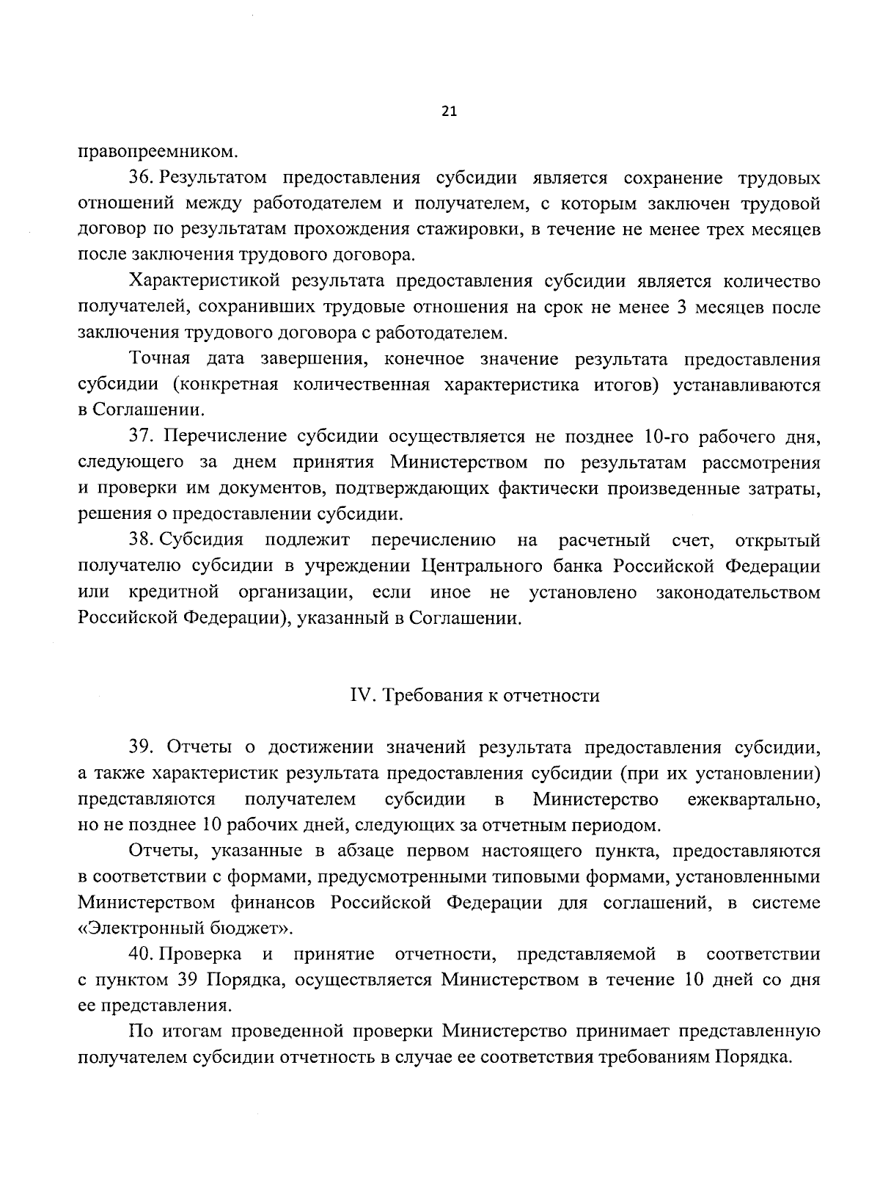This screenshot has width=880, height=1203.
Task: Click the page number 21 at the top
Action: (450, 112)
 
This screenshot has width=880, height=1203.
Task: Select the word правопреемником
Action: (158, 153)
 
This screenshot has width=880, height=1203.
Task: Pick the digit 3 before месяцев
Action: (681, 308)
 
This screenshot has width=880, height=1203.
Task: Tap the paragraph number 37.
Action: (141, 437)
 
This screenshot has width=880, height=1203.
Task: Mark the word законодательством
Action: (738, 592)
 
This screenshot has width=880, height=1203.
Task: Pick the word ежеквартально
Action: (754, 799)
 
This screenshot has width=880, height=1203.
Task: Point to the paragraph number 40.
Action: (141, 955)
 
